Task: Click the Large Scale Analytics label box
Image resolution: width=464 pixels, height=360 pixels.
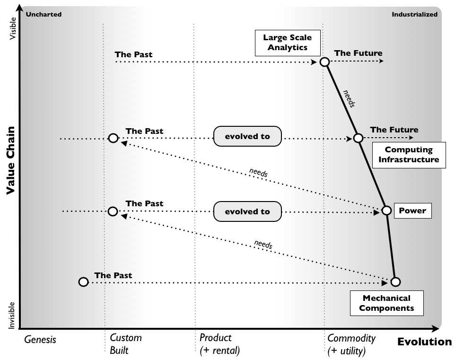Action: click(288, 42)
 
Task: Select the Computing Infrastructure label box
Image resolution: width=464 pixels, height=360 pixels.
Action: click(408, 155)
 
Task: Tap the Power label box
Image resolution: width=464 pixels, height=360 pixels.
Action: click(413, 211)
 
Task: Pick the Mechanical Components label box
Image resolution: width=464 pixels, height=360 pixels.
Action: click(386, 303)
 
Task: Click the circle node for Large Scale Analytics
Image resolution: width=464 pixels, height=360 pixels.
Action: click(324, 62)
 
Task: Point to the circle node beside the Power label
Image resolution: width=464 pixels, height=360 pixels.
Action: click(386, 211)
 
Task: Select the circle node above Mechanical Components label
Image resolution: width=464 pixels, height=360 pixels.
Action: click(396, 281)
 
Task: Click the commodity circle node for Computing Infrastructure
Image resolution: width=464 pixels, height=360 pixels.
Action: click(358, 138)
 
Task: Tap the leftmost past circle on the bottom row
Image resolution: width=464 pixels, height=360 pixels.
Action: click(83, 282)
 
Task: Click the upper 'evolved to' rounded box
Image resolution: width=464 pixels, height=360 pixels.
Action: click(247, 136)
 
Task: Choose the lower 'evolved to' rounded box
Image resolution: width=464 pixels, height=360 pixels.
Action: click(247, 211)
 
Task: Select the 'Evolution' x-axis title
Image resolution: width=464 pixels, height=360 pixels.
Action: click(424, 342)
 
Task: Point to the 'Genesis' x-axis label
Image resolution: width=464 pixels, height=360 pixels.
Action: click(40, 339)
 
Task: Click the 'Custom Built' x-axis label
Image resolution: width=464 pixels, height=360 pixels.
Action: click(125, 344)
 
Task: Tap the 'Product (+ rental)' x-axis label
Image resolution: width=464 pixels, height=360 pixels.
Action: click(219, 344)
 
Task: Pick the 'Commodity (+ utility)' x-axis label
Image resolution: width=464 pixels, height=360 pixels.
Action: click(351, 344)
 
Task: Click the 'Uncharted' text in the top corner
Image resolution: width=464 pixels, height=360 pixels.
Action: click(44, 15)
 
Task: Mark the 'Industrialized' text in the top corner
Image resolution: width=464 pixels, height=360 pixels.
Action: click(414, 15)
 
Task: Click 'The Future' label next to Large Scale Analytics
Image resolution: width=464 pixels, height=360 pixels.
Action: click(358, 53)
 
